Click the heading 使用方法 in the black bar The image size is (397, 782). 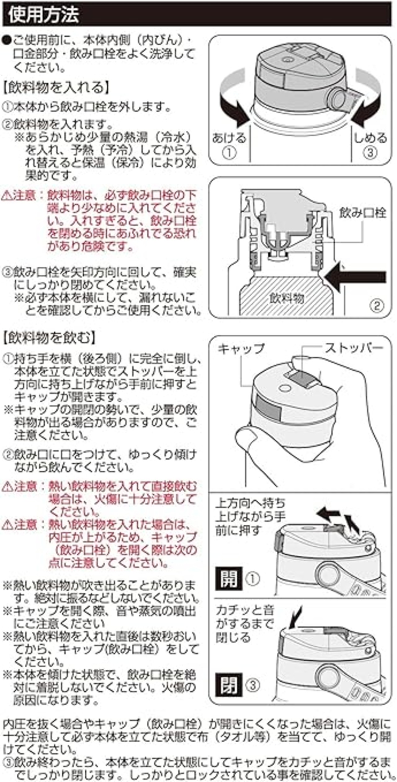coord(44,15)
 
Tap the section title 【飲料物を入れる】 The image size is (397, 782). coord(56,88)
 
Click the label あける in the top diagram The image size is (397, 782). coord(229,138)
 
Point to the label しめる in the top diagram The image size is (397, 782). coord(371,138)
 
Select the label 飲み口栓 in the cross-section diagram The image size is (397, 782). coord(363,213)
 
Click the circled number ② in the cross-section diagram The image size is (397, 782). coord(377,306)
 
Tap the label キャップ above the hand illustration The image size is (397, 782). coord(241,349)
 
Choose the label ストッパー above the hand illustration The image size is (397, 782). coord(354,348)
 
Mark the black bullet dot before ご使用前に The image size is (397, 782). coord(7,41)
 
